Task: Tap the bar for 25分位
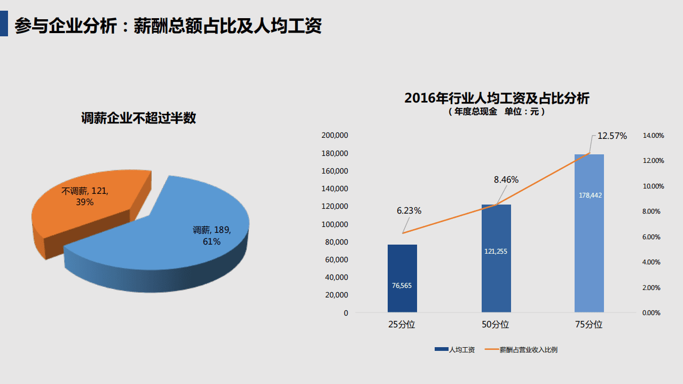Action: coord(402,267)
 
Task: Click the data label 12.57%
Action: coord(612,136)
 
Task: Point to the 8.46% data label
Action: coord(506,180)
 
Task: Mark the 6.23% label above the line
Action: coord(409,211)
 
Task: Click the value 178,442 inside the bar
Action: coord(590,195)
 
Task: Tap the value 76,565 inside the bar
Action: coord(402,286)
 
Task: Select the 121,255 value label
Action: coord(496,252)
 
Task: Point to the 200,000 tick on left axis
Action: coord(335,136)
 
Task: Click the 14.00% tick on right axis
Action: coord(653,136)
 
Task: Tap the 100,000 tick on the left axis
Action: coord(335,224)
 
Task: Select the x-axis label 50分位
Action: coord(496,325)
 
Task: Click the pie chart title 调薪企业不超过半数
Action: coord(138,118)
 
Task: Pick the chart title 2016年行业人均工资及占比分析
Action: coord(497,98)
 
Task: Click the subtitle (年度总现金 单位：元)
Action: coord(497,112)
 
